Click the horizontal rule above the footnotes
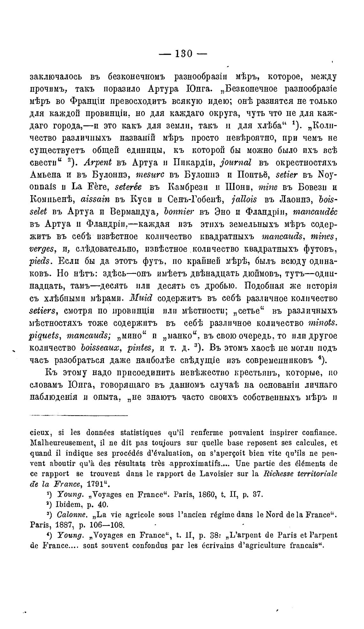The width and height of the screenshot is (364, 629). coord(79,416)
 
